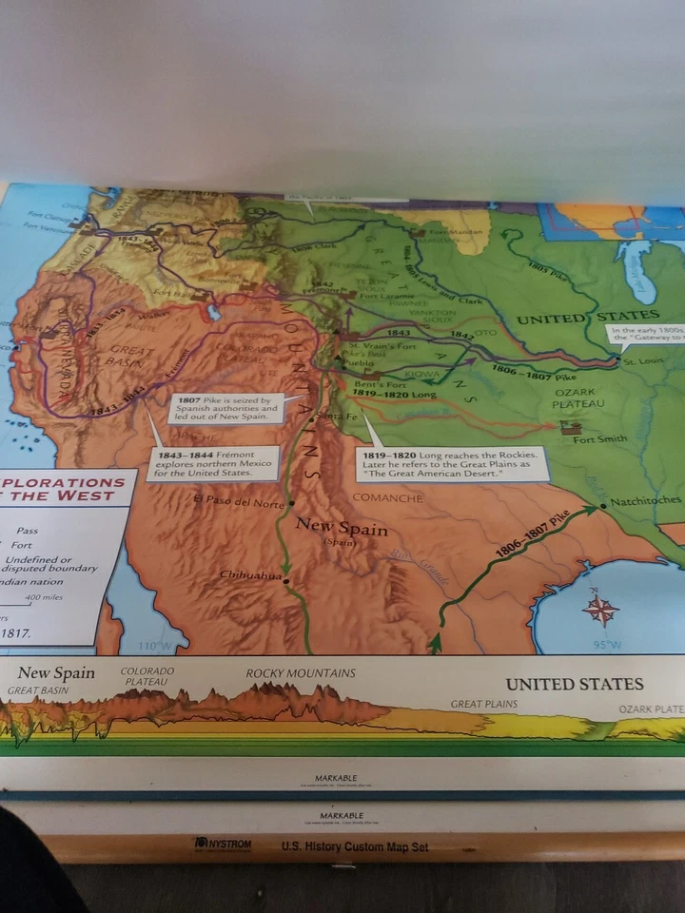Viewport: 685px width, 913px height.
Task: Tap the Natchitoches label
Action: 646,500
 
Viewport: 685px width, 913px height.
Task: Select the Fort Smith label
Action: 599,438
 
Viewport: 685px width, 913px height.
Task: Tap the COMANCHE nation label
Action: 387,497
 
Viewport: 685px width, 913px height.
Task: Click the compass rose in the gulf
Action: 600,608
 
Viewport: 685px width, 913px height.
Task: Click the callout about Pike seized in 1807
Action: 225,408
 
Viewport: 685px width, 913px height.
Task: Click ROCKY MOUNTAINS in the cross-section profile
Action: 301,673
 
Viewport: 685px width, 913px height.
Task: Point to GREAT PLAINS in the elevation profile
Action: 484,704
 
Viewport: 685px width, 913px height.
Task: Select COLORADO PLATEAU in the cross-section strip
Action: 147,676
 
